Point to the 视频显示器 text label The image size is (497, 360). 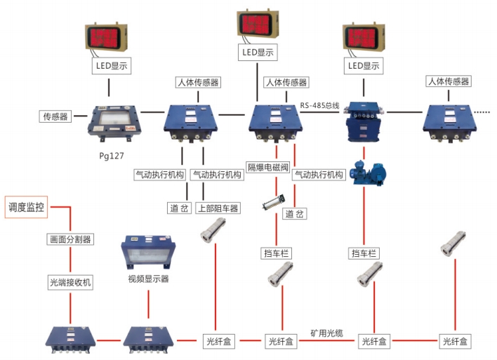(148, 278)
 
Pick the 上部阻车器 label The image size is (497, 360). (219, 208)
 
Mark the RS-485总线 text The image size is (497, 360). (319, 105)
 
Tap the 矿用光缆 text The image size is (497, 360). (327, 332)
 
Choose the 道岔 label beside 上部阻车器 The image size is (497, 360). (178, 208)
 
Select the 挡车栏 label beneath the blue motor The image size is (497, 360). (364, 252)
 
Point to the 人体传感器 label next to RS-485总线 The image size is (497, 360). (286, 83)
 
